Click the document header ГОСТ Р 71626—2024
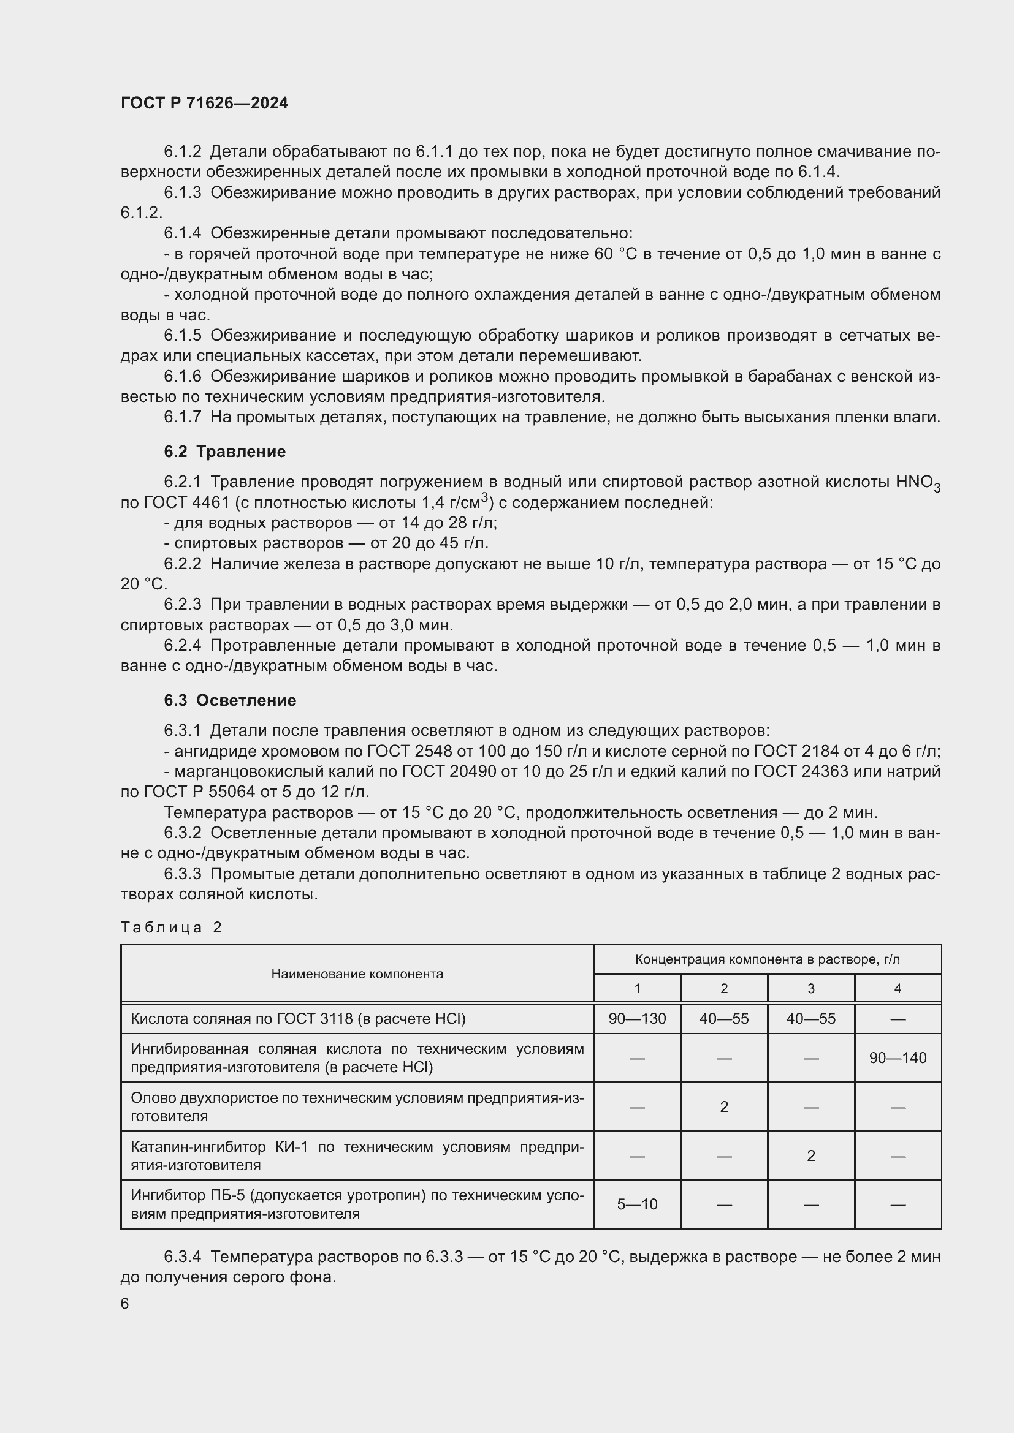204,103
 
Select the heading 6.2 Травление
225,452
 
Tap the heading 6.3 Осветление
230,700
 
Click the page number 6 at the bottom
125,1303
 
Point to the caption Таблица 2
171,927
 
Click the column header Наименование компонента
357,974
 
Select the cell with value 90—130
637,1019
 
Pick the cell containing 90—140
898,1057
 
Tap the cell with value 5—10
637,1204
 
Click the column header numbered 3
810,989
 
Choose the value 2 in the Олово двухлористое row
723,1106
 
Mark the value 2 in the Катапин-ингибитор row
810,1155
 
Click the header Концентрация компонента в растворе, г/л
767,959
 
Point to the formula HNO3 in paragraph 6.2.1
917,482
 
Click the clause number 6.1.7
182,417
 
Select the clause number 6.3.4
182,1257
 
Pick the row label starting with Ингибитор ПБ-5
357,1204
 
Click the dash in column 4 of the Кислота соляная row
898,1019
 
